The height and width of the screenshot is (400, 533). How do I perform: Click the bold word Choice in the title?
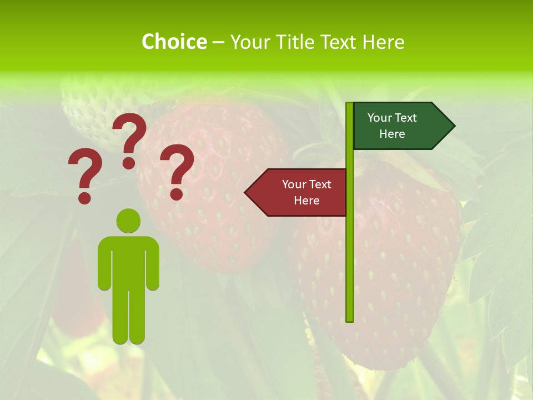click(x=174, y=42)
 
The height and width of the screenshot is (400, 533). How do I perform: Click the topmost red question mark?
click(x=129, y=139)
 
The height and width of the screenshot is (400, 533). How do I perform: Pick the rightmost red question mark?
click(x=177, y=171)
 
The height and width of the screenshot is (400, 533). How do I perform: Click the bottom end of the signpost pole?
click(x=350, y=319)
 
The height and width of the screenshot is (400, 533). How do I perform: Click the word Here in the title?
click(x=383, y=42)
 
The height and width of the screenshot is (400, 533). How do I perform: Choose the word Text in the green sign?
click(x=406, y=118)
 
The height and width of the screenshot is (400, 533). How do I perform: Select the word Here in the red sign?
click(x=306, y=201)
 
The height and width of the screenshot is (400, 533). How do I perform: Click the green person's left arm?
click(x=104, y=267)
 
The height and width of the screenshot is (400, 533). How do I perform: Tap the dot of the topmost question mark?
click(x=129, y=163)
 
